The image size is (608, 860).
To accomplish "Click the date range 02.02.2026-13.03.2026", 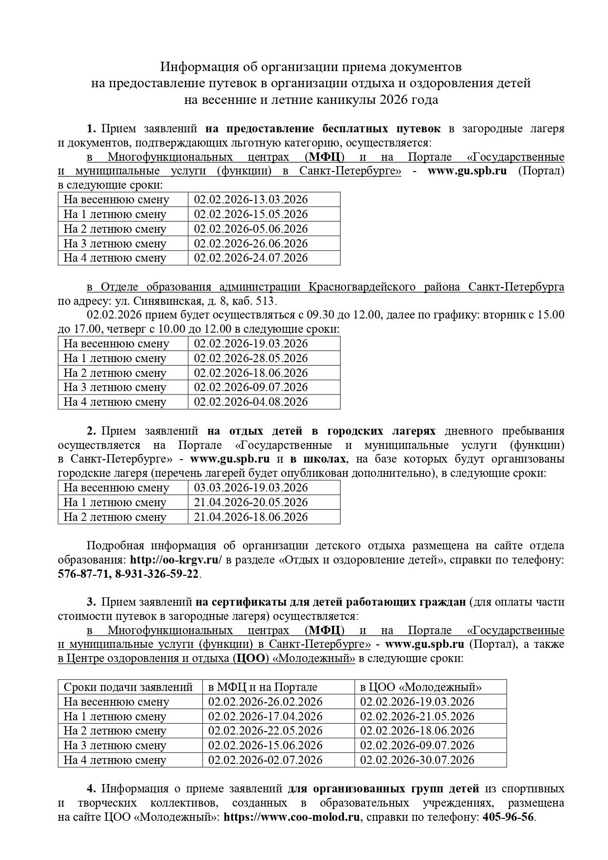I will [251, 199].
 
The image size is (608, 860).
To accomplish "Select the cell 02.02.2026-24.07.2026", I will [251, 258].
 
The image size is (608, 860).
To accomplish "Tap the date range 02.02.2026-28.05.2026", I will [251, 358].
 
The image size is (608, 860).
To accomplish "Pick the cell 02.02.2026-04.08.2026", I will [251, 402].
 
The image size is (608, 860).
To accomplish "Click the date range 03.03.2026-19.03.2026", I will [251, 488].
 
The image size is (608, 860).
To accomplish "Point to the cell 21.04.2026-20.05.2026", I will [251, 502].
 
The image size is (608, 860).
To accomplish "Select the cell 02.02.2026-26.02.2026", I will [265, 702].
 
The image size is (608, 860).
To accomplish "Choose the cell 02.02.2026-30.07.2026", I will [417, 760].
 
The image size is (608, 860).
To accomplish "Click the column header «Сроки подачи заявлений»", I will [128, 687].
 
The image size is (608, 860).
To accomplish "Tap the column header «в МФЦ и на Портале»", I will [263, 687].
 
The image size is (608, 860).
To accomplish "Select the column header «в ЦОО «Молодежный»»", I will [421, 687].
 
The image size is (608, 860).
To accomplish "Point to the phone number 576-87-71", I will [84, 574].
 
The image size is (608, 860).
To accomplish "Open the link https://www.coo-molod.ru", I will [292, 817].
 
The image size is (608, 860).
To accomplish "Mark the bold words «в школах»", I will [318, 459].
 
